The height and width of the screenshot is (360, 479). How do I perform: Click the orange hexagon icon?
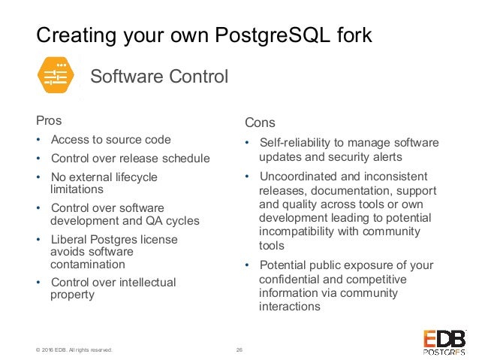click(x=57, y=76)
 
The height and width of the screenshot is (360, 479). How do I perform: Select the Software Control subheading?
click(x=158, y=77)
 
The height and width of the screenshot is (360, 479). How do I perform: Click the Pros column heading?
click(x=49, y=120)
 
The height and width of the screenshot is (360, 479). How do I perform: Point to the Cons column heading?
click(x=260, y=123)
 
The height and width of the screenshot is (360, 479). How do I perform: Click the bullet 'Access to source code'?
click(x=110, y=140)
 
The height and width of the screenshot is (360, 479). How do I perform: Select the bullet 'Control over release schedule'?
click(x=130, y=159)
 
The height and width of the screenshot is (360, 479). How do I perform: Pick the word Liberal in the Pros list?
click(x=70, y=240)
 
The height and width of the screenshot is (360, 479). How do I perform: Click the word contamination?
click(x=87, y=265)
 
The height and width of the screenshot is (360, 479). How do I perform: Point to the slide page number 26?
click(x=239, y=349)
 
